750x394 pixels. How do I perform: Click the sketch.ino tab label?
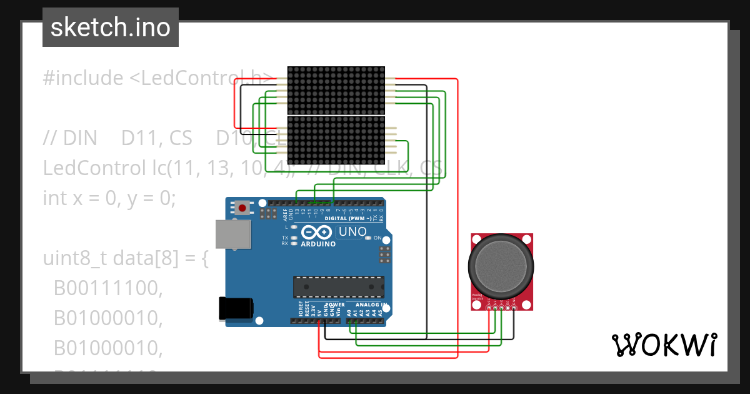pyautogui.click(x=110, y=28)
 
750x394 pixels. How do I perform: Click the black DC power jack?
pyautogui.click(x=236, y=309)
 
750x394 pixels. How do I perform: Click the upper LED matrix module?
pyautogui.click(x=336, y=90)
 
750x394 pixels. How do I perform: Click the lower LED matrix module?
pyautogui.click(x=336, y=141)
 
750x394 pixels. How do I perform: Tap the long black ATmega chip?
pyautogui.click(x=338, y=286)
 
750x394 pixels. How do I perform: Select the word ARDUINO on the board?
pyautogui.click(x=318, y=244)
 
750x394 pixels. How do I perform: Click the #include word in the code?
pyautogui.click(x=83, y=78)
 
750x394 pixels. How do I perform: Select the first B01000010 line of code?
pyautogui.click(x=107, y=318)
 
